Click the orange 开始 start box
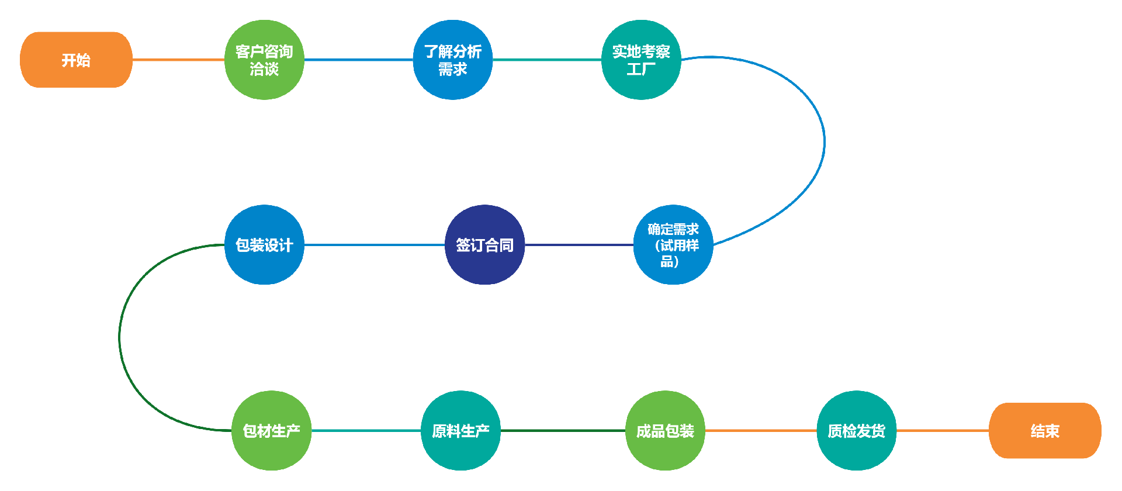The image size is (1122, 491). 76,60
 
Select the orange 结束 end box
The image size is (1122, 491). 1044,431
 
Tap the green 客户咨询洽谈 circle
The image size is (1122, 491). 264,60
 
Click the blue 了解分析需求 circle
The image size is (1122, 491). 452,60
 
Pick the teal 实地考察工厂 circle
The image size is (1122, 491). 640,60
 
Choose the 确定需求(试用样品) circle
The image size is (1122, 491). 673,245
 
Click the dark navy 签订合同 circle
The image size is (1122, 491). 484,245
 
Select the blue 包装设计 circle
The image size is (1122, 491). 264,245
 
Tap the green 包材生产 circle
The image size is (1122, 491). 271,431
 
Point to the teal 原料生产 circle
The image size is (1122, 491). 460,431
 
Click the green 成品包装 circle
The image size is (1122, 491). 665,431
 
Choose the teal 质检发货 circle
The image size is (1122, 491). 856,431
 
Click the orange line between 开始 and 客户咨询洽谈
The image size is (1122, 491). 178,60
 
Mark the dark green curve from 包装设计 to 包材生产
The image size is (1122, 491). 120,337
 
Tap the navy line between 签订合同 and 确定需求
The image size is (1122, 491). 579,245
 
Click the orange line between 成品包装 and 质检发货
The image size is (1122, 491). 760,431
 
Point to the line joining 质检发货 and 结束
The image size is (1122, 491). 942,431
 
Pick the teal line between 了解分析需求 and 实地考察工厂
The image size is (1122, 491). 546,60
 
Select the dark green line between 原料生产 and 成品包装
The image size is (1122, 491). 563,431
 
